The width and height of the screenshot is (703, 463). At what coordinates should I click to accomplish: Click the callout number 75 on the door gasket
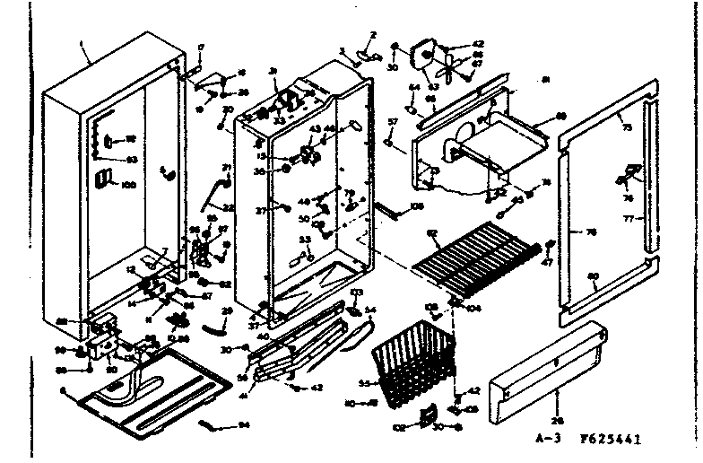pos(626,128)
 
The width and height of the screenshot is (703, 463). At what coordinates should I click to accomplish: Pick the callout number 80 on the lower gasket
pos(593,275)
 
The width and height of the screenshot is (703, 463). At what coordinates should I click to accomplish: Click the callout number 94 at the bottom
pos(245,426)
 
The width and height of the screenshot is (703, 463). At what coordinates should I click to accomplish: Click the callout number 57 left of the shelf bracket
pos(391,120)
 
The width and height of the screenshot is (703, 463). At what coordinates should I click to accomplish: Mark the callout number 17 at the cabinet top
pos(200,46)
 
